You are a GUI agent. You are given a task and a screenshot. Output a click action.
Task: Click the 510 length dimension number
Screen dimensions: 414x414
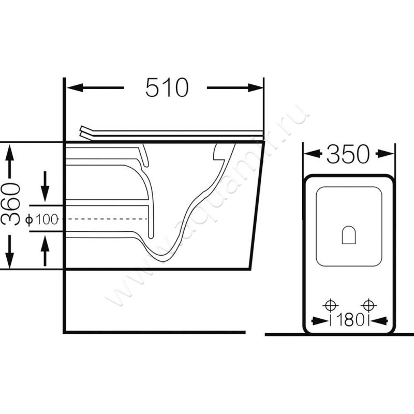click(167, 87)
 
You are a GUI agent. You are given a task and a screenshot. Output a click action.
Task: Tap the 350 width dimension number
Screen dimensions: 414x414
click(348, 154)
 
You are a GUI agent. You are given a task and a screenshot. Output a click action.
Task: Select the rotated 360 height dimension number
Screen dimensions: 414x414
click(10, 204)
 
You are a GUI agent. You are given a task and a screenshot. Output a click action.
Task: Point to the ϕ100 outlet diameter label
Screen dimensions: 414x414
click(42, 219)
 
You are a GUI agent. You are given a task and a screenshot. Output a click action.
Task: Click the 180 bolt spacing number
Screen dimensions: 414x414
click(350, 320)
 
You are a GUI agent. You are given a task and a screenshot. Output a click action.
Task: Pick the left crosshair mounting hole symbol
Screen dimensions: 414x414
click(330, 306)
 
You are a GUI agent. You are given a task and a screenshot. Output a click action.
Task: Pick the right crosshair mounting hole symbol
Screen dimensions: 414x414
click(368, 305)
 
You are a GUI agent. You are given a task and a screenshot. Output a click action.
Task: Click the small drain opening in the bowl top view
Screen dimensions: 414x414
click(349, 235)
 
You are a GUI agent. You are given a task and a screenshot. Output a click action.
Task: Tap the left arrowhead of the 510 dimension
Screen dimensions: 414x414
click(75, 87)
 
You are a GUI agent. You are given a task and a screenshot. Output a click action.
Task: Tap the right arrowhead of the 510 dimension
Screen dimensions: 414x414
click(256, 87)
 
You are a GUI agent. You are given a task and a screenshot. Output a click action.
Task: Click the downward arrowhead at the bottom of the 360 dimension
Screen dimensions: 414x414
click(10, 261)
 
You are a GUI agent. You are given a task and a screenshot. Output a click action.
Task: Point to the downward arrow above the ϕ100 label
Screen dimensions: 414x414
click(45, 186)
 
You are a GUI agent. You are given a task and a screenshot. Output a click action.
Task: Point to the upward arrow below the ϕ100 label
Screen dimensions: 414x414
click(45, 250)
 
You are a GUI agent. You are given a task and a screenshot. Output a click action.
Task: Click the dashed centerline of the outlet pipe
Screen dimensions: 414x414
click(105, 219)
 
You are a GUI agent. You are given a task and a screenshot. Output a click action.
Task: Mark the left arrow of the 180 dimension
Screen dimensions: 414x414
click(321, 321)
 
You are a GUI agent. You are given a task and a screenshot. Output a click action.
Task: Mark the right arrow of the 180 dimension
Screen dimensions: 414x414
click(379, 321)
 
